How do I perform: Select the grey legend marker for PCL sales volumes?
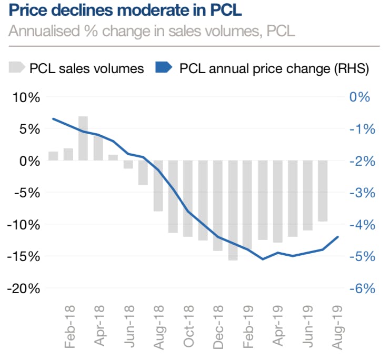click(16, 68)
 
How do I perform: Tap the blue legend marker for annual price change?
click(164, 68)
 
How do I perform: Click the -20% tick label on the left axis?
click(23, 288)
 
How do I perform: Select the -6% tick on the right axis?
click(362, 288)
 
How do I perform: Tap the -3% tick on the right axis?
click(362, 193)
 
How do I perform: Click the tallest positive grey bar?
click(83, 138)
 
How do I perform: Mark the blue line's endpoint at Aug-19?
click(338, 237)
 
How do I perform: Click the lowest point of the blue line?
click(263, 259)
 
